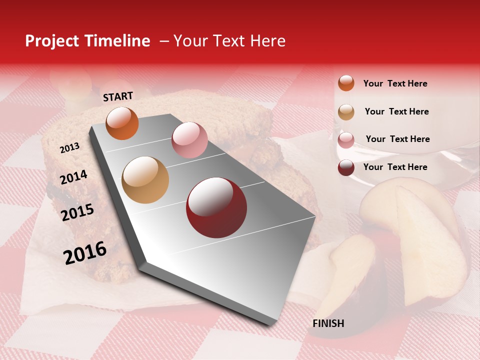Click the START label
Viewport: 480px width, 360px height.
(118, 96)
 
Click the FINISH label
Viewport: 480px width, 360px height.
(328, 323)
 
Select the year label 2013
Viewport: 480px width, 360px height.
(69, 147)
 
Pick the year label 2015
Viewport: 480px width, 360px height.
(77, 212)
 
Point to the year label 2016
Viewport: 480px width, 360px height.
(85, 253)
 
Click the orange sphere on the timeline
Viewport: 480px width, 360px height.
(122, 123)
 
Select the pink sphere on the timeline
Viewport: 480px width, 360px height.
(189, 140)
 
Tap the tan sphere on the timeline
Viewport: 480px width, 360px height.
(145, 180)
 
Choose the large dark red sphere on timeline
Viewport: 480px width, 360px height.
(216, 207)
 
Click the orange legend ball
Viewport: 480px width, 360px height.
(346, 83)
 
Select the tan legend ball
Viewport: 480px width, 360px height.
(346, 111)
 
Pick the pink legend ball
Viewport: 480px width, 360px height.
(346, 139)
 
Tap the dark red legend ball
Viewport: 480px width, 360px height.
(346, 167)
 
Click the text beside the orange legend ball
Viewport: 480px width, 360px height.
(395, 83)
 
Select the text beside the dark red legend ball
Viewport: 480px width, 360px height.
(395, 167)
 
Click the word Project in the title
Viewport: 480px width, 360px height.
(51, 41)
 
